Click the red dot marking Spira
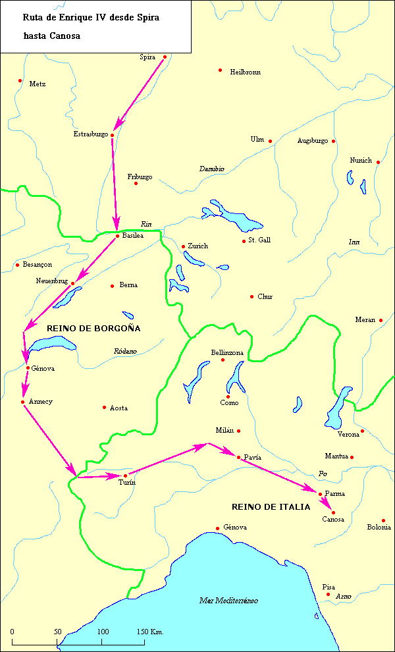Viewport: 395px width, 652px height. click(165, 57)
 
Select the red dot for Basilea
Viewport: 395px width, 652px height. click(117, 236)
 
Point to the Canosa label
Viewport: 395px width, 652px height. click(333, 520)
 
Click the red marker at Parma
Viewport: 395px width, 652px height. click(320, 494)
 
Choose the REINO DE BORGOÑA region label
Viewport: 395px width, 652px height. click(93, 328)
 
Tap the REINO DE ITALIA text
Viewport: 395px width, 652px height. click(271, 507)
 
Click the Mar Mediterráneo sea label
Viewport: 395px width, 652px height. click(228, 601)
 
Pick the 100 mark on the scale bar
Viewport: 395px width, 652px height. click(103, 632)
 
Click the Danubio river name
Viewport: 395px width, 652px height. click(211, 169)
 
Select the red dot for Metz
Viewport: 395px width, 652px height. click(20, 81)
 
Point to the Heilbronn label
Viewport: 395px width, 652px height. click(245, 72)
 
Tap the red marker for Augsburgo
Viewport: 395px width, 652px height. click(334, 141)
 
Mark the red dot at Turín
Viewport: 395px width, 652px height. click(125, 475)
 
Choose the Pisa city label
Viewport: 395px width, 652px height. click(329, 587)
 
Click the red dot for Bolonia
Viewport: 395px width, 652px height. click(383, 520)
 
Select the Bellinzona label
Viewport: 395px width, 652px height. click(227, 353)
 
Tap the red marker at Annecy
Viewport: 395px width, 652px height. click(22, 402)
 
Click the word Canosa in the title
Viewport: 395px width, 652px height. click(65, 36)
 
